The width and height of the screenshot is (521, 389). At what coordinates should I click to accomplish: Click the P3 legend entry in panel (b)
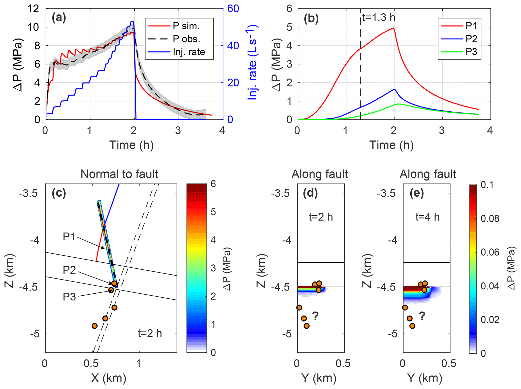pyautogui.click(x=471, y=52)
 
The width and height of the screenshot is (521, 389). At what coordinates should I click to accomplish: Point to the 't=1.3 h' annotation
pyautogui.click(x=379, y=18)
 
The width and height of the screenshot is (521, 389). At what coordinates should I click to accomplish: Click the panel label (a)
pyautogui.click(x=59, y=18)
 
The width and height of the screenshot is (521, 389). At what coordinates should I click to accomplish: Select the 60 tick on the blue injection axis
pyautogui.click(x=233, y=9)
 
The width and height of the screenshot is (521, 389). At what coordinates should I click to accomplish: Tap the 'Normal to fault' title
pyautogui.click(x=119, y=174)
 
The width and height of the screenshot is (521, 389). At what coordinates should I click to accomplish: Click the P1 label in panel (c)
pyautogui.click(x=69, y=237)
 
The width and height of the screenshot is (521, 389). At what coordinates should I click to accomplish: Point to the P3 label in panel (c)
pyautogui.click(x=69, y=297)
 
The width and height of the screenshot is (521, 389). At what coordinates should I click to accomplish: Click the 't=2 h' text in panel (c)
pyautogui.click(x=150, y=333)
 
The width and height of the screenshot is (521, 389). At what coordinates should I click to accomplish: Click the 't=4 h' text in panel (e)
pyautogui.click(x=427, y=217)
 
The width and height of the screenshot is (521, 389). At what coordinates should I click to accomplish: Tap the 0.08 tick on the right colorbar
pyautogui.click(x=490, y=219)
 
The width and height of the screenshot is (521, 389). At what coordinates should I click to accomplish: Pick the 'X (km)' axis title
pyautogui.click(x=109, y=378)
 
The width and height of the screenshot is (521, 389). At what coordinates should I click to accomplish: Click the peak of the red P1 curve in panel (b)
pyautogui.click(x=393, y=28)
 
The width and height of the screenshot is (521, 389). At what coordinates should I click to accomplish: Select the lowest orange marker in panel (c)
pyautogui.click(x=95, y=326)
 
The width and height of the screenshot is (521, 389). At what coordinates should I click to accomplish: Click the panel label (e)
pyautogui.click(x=416, y=193)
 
